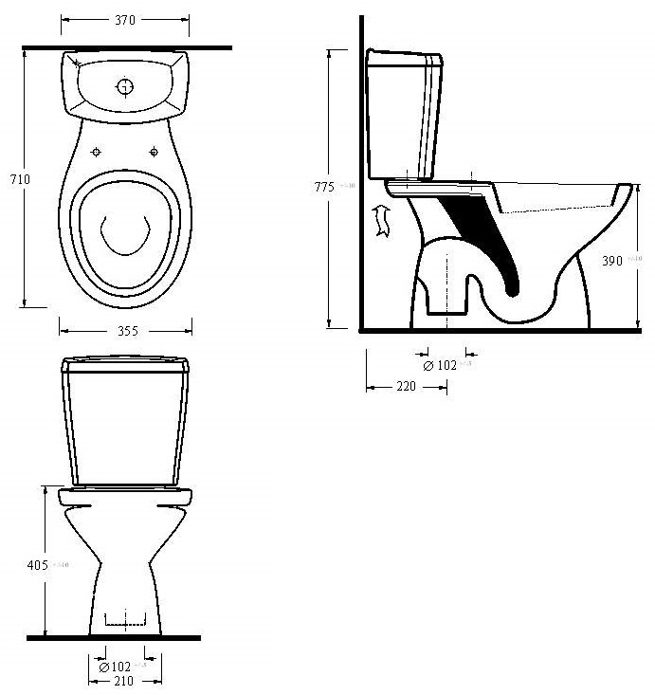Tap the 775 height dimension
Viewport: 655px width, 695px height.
[x=323, y=188]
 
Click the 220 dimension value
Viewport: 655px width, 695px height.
[x=406, y=387]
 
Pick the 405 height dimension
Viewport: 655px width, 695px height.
[x=36, y=565]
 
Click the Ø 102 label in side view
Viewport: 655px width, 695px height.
[x=440, y=365]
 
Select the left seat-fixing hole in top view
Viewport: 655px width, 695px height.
[x=97, y=152]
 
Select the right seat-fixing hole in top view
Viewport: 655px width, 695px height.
[x=154, y=152]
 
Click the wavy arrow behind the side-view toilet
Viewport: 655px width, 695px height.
[x=382, y=220]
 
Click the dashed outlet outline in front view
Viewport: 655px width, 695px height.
[x=125, y=621]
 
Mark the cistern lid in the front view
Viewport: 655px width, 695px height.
[x=125, y=364]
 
